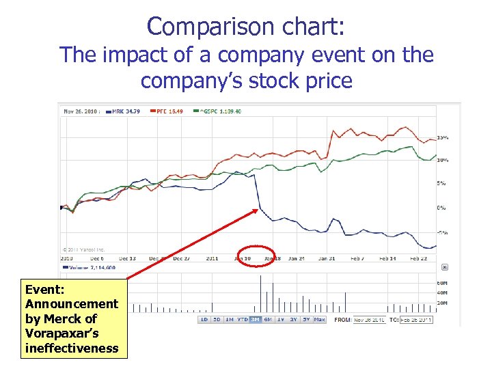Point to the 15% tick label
(443, 138)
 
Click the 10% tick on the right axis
(443, 160)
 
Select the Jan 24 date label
(297, 259)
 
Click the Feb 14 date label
(388, 259)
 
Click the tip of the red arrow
(260, 208)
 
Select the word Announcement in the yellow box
(71, 303)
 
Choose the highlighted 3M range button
(255, 319)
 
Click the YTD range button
(243, 319)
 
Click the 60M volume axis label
(443, 283)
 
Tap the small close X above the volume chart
(445, 268)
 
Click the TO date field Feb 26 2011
(416, 319)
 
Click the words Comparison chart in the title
(246, 27)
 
